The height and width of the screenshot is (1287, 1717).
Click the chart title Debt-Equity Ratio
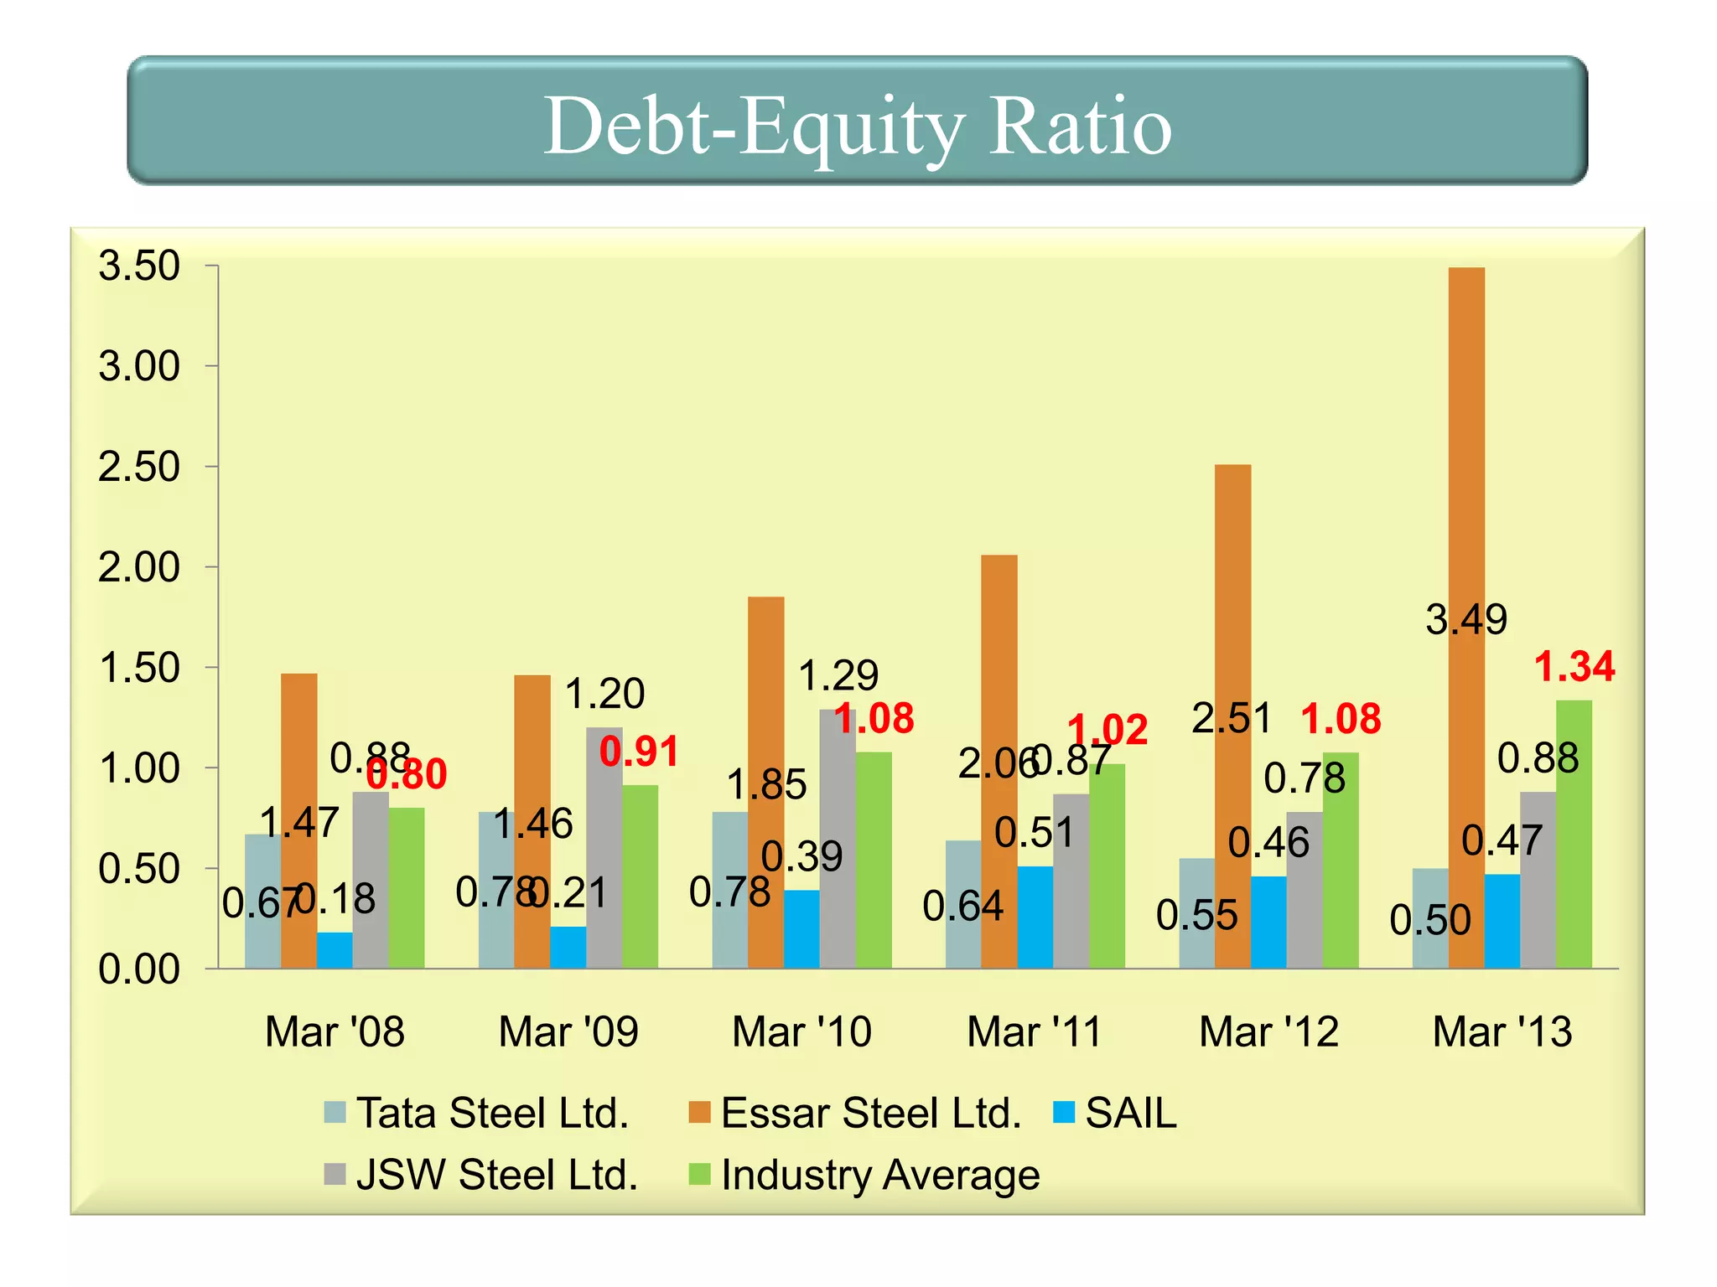click(857, 126)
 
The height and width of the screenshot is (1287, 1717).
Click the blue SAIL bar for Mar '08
click(335, 951)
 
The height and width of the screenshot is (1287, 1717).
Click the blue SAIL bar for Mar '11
click(1035, 917)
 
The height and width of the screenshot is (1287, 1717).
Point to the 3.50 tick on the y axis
click(139, 266)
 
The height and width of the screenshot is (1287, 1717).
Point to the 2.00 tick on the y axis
click(139, 568)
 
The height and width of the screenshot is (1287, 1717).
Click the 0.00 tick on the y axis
click(139, 970)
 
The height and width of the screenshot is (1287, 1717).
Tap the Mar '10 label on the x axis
click(801, 1031)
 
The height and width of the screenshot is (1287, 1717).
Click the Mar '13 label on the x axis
click(1502, 1031)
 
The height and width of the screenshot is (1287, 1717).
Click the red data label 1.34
click(1574, 667)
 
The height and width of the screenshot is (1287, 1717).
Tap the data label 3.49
click(1466, 620)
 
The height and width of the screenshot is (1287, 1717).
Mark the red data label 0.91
click(639, 752)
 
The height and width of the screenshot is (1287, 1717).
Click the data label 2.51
click(1232, 719)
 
